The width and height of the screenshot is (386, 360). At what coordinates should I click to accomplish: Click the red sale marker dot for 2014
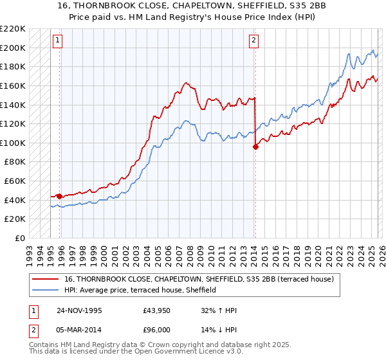[x=255, y=147]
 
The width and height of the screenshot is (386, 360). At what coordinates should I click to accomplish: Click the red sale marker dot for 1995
[x=60, y=196]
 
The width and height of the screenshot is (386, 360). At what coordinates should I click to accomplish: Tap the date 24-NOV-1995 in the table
[x=80, y=310]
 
